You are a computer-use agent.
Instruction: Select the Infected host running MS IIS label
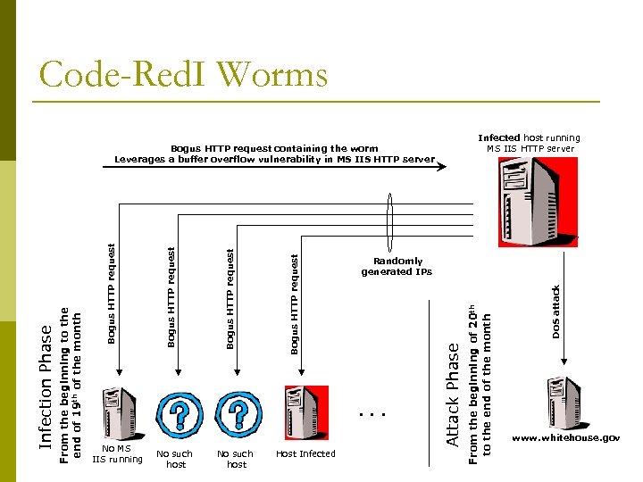[x=529, y=143]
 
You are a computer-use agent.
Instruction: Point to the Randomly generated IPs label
[x=397, y=267]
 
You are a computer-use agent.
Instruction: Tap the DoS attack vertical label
[x=555, y=312]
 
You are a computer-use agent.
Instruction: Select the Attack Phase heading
[x=453, y=394]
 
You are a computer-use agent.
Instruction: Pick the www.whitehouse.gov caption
[x=565, y=438]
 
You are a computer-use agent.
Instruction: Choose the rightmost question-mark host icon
[x=238, y=413]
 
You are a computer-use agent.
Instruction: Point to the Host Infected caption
[x=305, y=453]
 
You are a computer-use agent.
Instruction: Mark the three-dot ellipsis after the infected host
[x=368, y=414]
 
